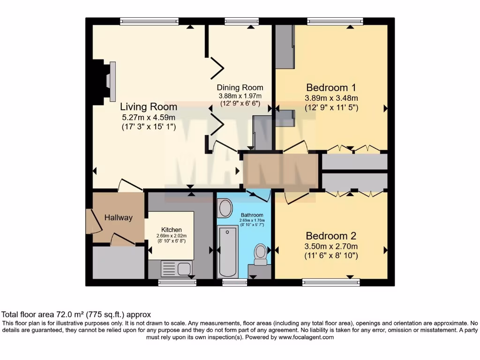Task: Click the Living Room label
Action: pyautogui.click(x=148, y=107)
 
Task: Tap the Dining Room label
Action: pyautogui.click(x=240, y=88)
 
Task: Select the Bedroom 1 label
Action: pyautogui.click(x=331, y=88)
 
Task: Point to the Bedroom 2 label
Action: pyautogui.click(x=331, y=236)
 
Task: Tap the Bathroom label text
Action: pyautogui.click(x=252, y=215)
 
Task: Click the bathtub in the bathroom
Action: pyautogui.click(x=228, y=251)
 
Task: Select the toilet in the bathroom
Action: pyautogui.click(x=260, y=253)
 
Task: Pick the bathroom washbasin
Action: pyautogui.click(x=225, y=208)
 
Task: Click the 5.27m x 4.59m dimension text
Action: pyautogui.click(x=148, y=117)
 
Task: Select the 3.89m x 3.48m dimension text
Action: pyautogui.click(x=331, y=98)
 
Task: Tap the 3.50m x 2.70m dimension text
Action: pyautogui.click(x=331, y=247)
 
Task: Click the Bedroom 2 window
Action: pyautogui.click(x=331, y=282)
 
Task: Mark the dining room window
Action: pyautogui.click(x=241, y=21)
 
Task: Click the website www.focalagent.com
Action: pyautogui.click(x=306, y=337)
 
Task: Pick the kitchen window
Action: pyautogui.click(x=177, y=282)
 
